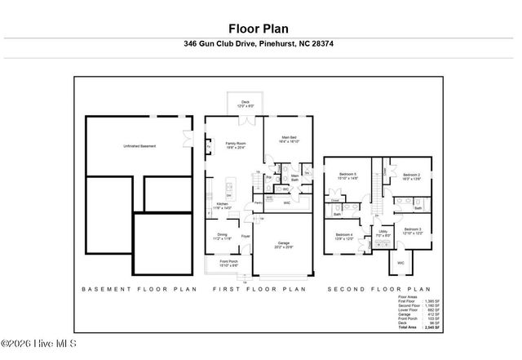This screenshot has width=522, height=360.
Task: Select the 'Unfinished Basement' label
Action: (139, 146)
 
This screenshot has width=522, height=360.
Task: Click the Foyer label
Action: (244, 238)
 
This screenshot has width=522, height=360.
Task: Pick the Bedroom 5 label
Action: (348, 176)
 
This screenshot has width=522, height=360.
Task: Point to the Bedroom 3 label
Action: (413, 231)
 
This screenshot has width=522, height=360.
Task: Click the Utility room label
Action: (383, 233)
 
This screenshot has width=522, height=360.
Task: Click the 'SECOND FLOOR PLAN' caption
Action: (378, 289)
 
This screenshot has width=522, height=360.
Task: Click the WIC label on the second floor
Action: (400, 263)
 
